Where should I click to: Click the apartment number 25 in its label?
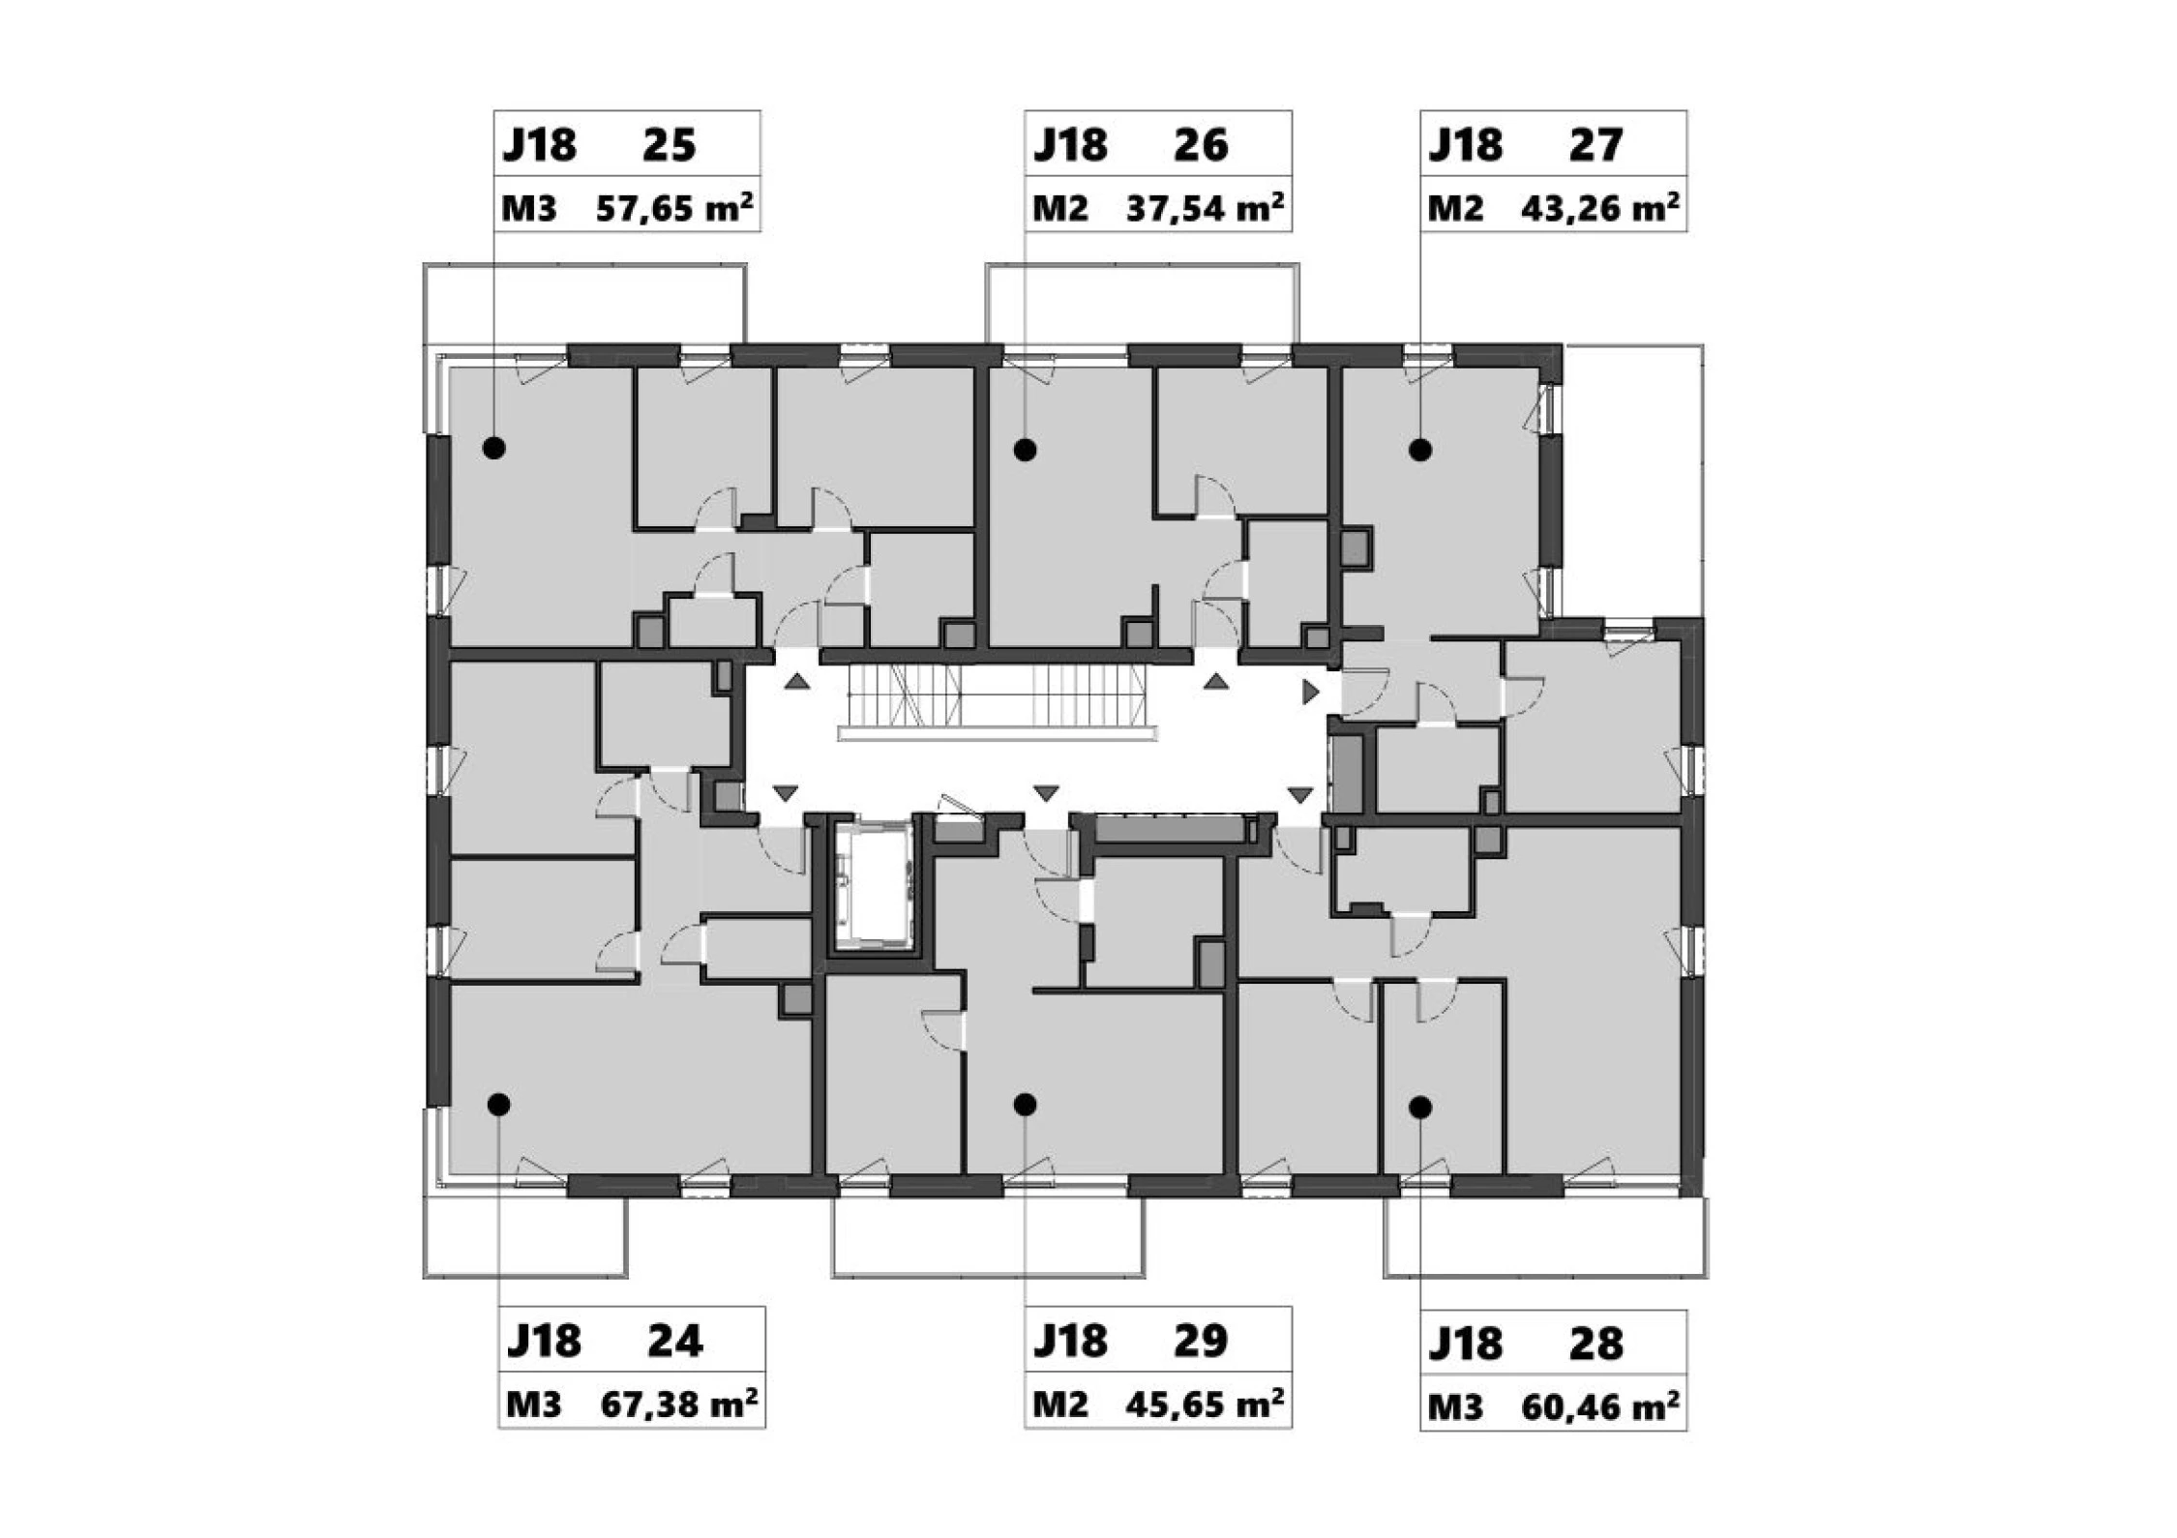[x=669, y=145]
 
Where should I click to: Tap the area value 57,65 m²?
[x=674, y=208]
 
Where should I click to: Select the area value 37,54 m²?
[x=1205, y=208]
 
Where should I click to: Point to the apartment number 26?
[x=1201, y=145]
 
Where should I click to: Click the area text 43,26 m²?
[x=1599, y=208]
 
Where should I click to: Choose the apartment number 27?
[x=1595, y=145]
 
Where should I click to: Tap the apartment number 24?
[x=674, y=1341]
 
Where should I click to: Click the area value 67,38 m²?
[x=679, y=1404]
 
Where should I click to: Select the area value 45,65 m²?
[x=1205, y=1404]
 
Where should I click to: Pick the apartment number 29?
[x=1201, y=1341]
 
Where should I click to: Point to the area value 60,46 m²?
[x=1599, y=1406]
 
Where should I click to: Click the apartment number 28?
[x=1595, y=1344]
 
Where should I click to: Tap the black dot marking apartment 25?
[x=494, y=448]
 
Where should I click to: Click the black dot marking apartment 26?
[x=1025, y=449]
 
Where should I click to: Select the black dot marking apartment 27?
[x=1419, y=449]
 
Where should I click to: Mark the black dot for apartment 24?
[x=498, y=1104]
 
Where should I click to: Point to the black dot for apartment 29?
[x=1025, y=1104]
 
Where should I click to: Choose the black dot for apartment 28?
[x=1419, y=1108]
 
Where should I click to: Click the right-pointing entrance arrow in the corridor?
[x=1311, y=692]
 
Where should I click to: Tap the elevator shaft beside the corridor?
[x=874, y=884]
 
